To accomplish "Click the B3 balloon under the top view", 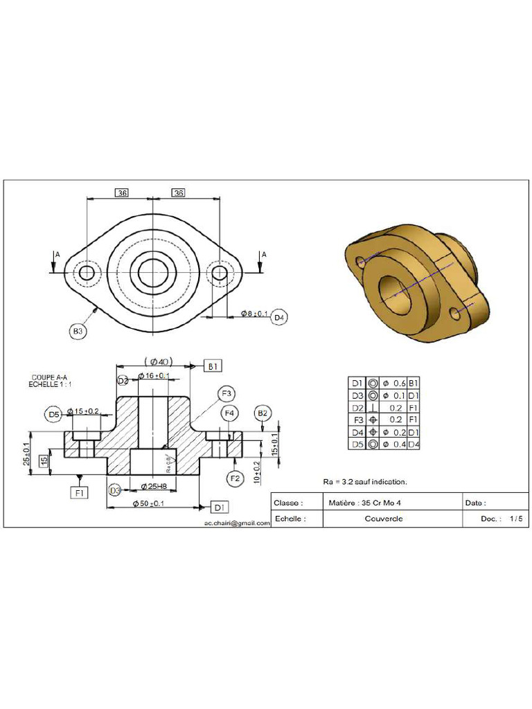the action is pos(79,332).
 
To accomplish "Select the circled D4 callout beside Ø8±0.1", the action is pos(279,317).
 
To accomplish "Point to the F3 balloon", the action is pos(226,394).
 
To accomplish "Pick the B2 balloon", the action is pos(263,413).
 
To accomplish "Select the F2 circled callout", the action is pos(236,478).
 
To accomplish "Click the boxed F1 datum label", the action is pos(80,492).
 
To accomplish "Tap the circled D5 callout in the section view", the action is pos(54,414).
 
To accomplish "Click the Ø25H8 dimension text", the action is pos(153,486).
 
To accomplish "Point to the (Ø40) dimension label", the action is pos(159,361).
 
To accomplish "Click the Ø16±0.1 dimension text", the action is pos(154,376).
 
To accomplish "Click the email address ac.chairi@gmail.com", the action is pos(237,523).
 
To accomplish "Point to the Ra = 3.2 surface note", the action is pos(365,481).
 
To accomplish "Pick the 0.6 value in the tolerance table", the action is pos(399,383).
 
